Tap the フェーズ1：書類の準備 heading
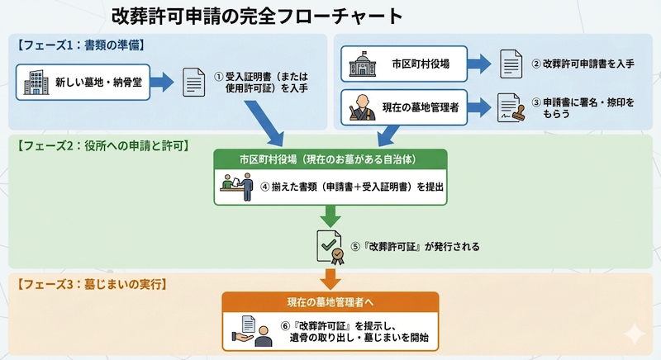pos(79,44)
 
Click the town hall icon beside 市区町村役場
pos(362,63)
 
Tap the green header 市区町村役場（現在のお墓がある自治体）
pos(330,159)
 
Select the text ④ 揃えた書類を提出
pos(352,187)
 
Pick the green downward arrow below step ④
pos(330,216)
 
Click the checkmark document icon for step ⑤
pos(330,245)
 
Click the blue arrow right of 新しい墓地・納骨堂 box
pos(162,83)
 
